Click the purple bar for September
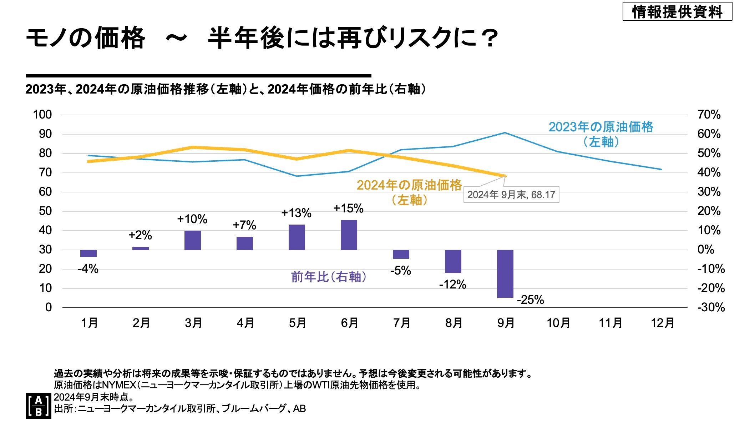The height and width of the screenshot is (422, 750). [505, 273]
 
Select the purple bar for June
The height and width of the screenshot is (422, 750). [349, 235]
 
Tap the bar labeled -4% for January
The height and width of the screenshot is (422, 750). [88, 253]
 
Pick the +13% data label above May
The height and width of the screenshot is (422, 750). [296, 213]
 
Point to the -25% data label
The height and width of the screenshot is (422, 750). [530, 300]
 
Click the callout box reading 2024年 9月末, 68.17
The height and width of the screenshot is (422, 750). [511, 195]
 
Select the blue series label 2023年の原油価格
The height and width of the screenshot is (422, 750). [601, 127]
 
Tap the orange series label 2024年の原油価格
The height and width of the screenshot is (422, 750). [409, 185]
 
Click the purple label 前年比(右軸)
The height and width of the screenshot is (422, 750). [329, 277]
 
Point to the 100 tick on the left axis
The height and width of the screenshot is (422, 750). [42, 115]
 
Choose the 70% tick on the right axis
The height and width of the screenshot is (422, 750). [709, 115]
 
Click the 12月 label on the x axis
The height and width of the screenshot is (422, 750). [662, 323]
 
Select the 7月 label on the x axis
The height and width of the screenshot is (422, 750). [401, 323]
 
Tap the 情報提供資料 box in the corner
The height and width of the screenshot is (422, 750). [677, 12]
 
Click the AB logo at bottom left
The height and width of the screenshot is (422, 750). [38, 406]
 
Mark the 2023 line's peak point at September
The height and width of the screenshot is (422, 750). [505, 133]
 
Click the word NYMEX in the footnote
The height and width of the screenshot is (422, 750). [119, 385]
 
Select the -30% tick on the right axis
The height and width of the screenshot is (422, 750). [711, 307]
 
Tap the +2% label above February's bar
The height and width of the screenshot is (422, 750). [140, 235]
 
